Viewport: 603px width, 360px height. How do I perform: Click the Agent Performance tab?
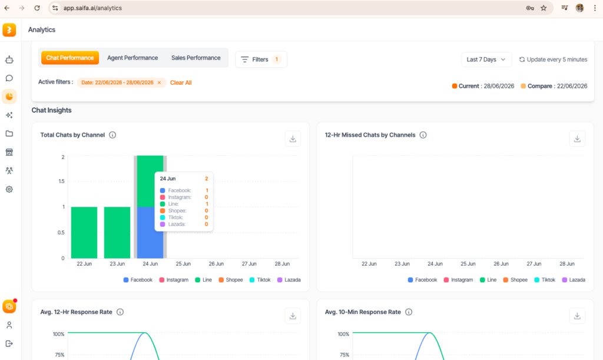point(132,58)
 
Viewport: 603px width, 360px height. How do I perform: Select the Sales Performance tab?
point(196,58)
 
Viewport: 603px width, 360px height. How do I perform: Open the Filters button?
point(261,60)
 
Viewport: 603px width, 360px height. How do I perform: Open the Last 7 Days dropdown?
point(486,60)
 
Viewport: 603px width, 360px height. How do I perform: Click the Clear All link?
point(181,82)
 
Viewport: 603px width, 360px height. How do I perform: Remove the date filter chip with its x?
point(159,82)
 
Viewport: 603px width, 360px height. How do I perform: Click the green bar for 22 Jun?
point(84,233)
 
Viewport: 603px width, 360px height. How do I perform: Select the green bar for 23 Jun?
point(117,233)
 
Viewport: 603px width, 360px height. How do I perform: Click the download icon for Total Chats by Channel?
point(293,139)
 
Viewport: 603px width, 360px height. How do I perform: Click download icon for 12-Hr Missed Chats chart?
point(577,139)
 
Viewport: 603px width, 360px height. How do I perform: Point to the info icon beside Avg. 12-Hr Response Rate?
point(120,312)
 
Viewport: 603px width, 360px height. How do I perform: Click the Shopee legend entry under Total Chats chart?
point(231,280)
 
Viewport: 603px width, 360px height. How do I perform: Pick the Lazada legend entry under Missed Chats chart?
point(574,280)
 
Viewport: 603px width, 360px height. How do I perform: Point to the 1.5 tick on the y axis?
point(61,181)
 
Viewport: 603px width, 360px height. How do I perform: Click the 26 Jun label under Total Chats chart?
point(216,264)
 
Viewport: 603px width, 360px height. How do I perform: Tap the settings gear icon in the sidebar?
point(9,189)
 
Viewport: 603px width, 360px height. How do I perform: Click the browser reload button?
point(37,8)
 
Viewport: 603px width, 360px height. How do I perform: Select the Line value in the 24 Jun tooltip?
point(207,204)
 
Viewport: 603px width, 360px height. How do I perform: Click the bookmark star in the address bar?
point(544,8)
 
